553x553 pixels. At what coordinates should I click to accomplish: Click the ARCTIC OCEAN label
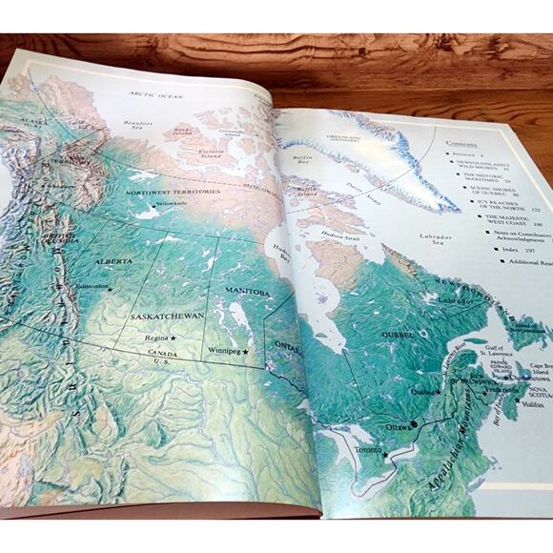[x=155, y=94]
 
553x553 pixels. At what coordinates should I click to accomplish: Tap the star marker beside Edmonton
[x=111, y=289]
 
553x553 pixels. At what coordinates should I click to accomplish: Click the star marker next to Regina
[x=174, y=338]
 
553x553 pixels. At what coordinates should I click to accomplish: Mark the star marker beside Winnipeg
[x=246, y=352]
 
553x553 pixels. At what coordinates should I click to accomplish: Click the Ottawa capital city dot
[x=415, y=422]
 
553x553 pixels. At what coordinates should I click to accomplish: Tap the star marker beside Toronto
[x=385, y=456]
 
